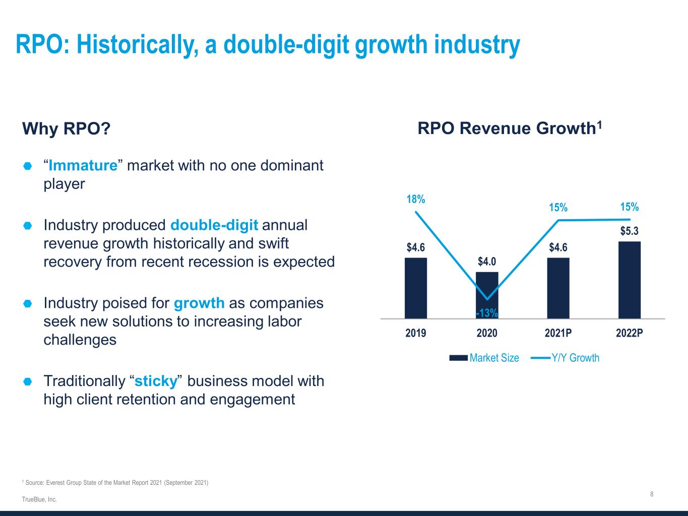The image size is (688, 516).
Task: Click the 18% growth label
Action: [x=416, y=200]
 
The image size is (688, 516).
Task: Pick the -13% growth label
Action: [x=487, y=313]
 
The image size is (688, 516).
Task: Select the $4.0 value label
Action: [x=487, y=262]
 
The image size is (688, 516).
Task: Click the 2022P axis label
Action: [x=630, y=333]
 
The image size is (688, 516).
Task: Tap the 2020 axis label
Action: [x=487, y=333]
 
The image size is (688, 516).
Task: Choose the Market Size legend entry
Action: [x=484, y=358]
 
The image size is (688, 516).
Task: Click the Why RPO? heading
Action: [x=66, y=129]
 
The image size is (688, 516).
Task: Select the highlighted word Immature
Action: [x=83, y=165]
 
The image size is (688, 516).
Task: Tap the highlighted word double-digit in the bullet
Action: [x=214, y=225]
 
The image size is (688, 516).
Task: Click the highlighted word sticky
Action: [x=156, y=381]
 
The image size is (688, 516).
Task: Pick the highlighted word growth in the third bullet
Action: [x=199, y=303]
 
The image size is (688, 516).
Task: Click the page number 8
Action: [x=652, y=494]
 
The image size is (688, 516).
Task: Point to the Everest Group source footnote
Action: [x=115, y=483]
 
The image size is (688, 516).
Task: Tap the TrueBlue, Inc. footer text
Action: [x=39, y=499]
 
